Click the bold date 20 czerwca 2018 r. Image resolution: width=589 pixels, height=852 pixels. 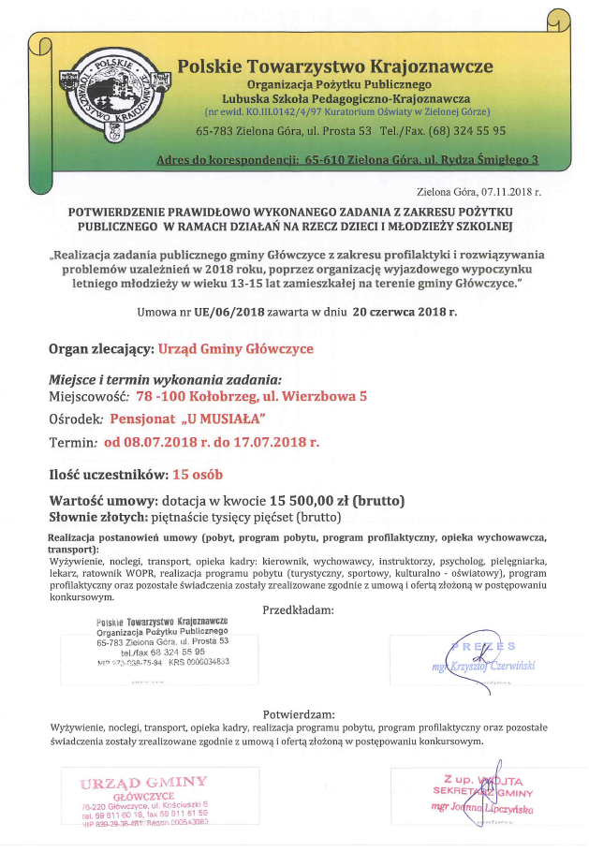point(405,313)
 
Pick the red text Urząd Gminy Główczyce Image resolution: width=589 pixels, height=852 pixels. point(236,349)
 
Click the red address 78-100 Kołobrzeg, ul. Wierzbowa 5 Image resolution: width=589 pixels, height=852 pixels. point(251,396)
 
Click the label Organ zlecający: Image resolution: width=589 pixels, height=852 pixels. point(101,349)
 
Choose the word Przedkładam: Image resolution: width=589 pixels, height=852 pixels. point(297,610)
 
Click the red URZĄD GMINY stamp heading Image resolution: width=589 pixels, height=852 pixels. point(143,782)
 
